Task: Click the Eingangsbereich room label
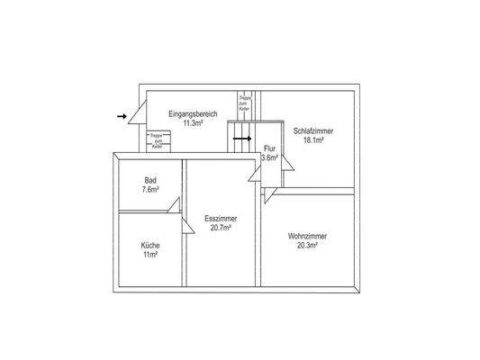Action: [192, 114]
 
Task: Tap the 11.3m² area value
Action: [192, 123]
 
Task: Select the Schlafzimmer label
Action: [313, 130]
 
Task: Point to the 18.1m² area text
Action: [313, 140]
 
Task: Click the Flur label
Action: [269, 149]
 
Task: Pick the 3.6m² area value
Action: [269, 158]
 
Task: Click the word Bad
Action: [150, 180]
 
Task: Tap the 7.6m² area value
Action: [150, 190]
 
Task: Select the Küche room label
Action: [149, 246]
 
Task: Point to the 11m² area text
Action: [149, 256]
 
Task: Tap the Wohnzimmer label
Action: [307, 237]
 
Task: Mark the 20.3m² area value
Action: [307, 247]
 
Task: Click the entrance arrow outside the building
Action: [122, 116]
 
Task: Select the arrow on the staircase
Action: [242, 139]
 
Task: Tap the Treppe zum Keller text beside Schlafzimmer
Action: [243, 103]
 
